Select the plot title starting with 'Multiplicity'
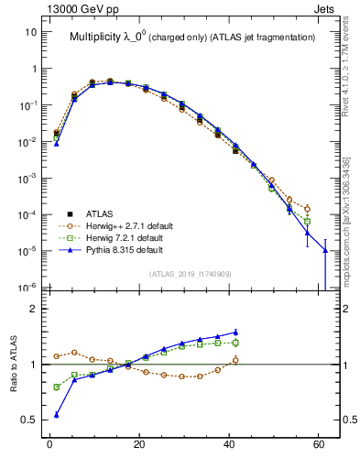pyautogui.click(x=192, y=38)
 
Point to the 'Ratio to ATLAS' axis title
pyautogui.click(x=13, y=364)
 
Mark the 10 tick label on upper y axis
pyautogui.click(x=30, y=32)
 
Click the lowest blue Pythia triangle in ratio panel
pyautogui.click(x=56, y=415)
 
